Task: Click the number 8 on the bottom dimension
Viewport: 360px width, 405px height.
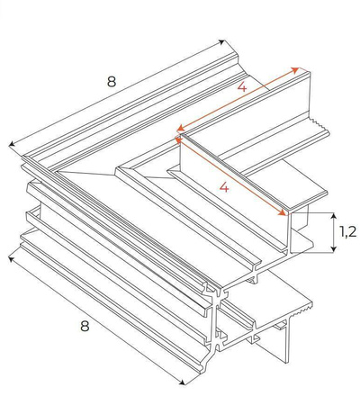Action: (85, 327)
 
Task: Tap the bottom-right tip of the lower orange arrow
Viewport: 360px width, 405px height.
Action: (288, 214)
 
